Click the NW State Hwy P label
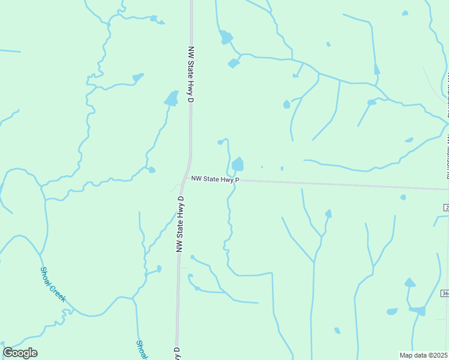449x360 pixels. [x=215, y=179]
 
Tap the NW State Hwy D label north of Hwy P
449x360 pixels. [x=191, y=74]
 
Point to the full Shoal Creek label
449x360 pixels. [x=53, y=284]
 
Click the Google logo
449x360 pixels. [x=20, y=353]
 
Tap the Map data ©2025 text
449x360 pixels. [x=424, y=355]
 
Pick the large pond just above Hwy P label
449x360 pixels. [x=238, y=164]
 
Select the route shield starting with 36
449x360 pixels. [x=445, y=293]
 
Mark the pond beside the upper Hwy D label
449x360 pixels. [x=172, y=98]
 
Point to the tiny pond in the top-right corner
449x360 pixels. [x=405, y=13]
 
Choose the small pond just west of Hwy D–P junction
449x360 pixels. [x=152, y=170]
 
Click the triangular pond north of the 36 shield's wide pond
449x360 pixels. [x=409, y=283]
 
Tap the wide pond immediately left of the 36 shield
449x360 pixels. [x=418, y=310]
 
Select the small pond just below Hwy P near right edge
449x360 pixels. [x=403, y=197]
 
